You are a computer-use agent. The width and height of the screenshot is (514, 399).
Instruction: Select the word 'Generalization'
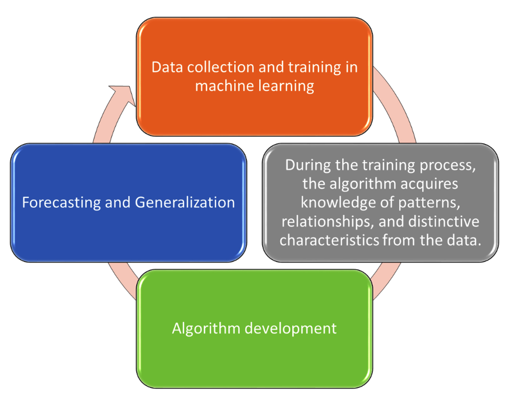[185, 202]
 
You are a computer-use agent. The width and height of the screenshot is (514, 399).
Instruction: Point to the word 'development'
[290, 329]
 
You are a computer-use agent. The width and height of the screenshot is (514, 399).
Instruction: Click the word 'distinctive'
[444, 222]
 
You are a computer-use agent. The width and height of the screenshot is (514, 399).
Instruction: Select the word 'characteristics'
[329, 240]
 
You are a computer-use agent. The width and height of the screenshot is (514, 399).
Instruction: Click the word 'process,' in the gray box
[448, 166]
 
